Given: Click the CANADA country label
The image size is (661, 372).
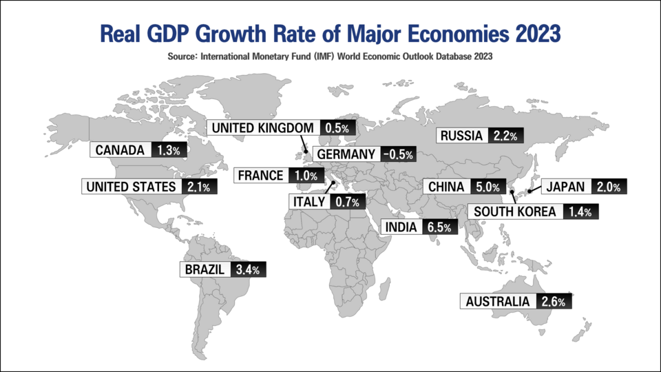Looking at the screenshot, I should pyautogui.click(x=120, y=150).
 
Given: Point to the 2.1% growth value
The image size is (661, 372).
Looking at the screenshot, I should pyautogui.click(x=198, y=186).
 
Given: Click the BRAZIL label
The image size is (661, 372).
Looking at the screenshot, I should pyautogui.click(x=204, y=269).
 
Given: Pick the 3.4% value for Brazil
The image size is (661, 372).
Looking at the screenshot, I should pyautogui.click(x=246, y=269).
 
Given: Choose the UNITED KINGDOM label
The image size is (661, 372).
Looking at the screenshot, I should pyautogui.click(x=262, y=127).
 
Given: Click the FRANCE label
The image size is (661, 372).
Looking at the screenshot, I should pyautogui.click(x=260, y=176).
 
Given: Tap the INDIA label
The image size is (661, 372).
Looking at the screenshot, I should pyautogui.click(x=399, y=227).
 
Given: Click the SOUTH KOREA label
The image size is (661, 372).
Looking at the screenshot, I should pyautogui.click(x=513, y=211).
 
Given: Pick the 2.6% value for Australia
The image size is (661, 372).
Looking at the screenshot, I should pyautogui.click(x=554, y=302).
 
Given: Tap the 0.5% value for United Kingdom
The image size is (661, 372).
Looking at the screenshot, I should pyautogui.click(x=338, y=127).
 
